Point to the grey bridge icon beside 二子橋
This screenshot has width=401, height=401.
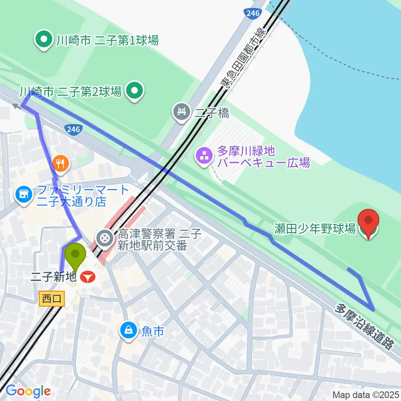click(x=182, y=112)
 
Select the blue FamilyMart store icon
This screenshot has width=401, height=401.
click(x=23, y=194)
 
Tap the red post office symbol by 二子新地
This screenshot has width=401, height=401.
click(x=88, y=276)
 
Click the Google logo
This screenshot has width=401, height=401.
click(x=28, y=391)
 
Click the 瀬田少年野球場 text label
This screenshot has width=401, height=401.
click(x=315, y=228)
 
